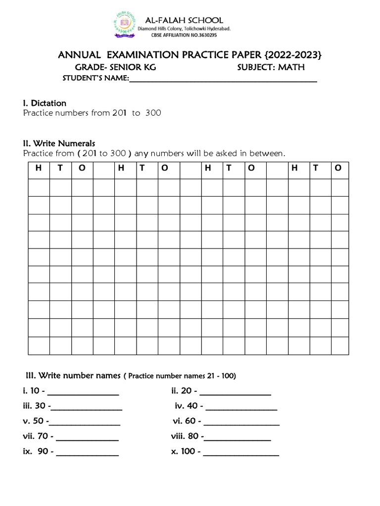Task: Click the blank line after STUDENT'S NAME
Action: (x=223, y=80)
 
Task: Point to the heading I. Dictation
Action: (x=45, y=103)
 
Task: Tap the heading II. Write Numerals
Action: (x=59, y=143)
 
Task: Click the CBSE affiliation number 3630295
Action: (x=205, y=36)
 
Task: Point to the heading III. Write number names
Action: (x=70, y=376)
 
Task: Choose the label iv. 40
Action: (x=186, y=406)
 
